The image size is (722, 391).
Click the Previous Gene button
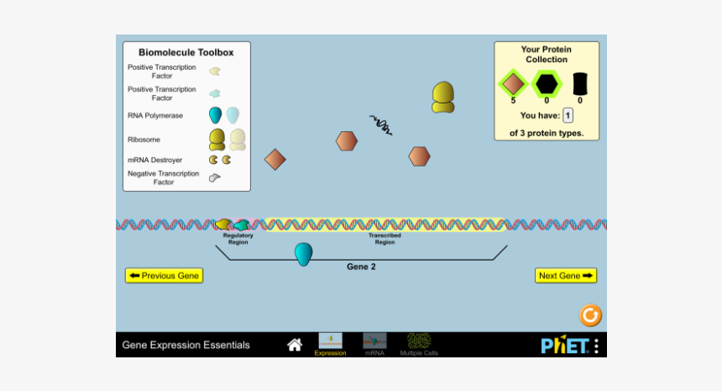pos(165,276)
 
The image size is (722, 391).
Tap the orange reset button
pos(591,315)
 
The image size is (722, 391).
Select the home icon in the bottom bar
pos(295,345)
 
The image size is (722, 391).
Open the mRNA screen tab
pos(374,341)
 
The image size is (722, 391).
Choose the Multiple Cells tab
pos(419,341)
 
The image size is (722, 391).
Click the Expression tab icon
pos(330,341)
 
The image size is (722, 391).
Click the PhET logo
pos(564,345)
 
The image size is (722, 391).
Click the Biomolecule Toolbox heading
pos(186,52)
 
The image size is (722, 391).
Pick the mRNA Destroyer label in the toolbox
pos(155,160)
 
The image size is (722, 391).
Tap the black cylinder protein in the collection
pos(580,83)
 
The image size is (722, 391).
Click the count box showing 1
pos(568,116)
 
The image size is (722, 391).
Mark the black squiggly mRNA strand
pos(381,124)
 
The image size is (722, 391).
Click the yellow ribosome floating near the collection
pos(443,97)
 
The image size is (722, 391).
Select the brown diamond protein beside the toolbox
pos(275,159)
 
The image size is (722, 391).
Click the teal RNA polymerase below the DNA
pos(303,253)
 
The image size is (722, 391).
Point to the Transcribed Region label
pos(385,239)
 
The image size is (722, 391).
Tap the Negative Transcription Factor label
pos(164,177)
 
